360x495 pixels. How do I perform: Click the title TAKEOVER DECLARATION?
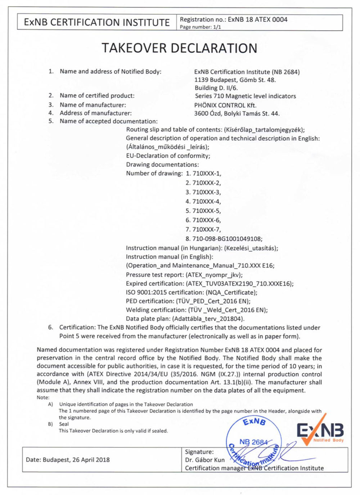[179, 48]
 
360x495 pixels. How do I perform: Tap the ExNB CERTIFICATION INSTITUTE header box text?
[96, 22]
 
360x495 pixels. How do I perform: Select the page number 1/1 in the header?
[200, 27]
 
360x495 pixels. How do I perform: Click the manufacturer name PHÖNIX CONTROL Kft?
[225, 105]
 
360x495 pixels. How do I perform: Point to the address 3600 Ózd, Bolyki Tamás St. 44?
[237, 113]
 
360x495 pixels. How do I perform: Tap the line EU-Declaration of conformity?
[168, 156]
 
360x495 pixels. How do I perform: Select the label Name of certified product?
[97, 95]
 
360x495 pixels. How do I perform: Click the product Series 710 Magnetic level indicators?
[245, 96]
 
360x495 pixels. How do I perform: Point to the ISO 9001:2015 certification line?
[192, 292]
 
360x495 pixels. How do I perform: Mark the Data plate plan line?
[185, 319]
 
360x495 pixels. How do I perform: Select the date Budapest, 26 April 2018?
[68, 460]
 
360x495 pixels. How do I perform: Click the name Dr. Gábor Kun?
[204, 460]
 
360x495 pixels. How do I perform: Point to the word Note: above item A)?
[43, 397]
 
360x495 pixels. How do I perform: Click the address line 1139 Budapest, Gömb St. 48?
[235, 80]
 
